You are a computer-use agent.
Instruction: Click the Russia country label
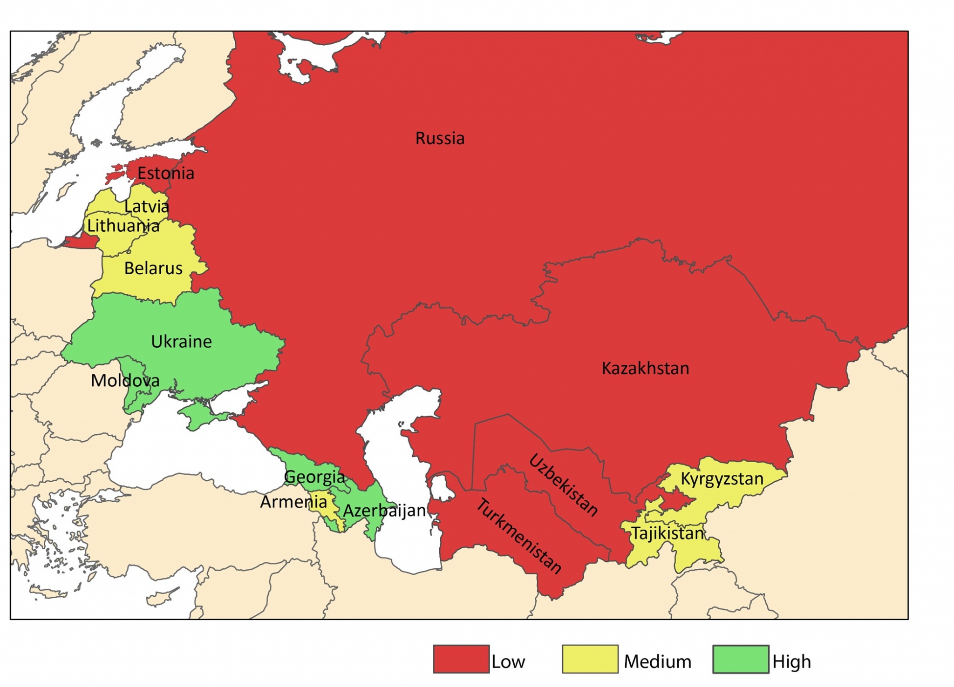pyautogui.click(x=440, y=138)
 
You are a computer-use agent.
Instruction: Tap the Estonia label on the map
pyautogui.click(x=165, y=173)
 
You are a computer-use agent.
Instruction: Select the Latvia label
pyautogui.click(x=146, y=206)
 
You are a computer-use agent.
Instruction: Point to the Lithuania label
pyautogui.click(x=123, y=226)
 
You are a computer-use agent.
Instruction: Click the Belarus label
pyautogui.click(x=153, y=268)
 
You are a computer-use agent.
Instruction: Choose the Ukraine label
pyautogui.click(x=181, y=342)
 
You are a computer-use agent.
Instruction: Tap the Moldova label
pyautogui.click(x=125, y=380)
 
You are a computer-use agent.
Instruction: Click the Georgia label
pyautogui.click(x=314, y=477)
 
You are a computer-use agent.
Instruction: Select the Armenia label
pyautogui.click(x=293, y=502)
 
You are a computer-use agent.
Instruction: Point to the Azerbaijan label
pyautogui.click(x=384, y=511)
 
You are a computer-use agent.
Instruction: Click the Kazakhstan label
pyautogui.click(x=645, y=368)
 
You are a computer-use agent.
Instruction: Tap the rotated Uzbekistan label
pyautogui.click(x=563, y=485)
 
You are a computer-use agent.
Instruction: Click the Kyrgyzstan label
pyautogui.click(x=722, y=478)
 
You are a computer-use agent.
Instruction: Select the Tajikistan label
pyautogui.click(x=667, y=533)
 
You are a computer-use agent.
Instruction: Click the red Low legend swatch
pyautogui.click(x=461, y=659)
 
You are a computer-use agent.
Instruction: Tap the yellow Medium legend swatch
pyautogui.click(x=590, y=659)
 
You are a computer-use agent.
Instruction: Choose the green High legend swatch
pyautogui.click(x=740, y=659)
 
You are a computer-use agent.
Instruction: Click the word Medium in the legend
pyautogui.click(x=657, y=661)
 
